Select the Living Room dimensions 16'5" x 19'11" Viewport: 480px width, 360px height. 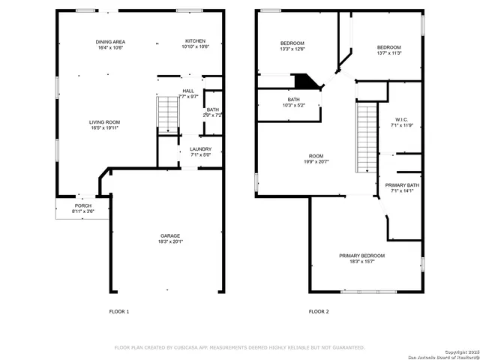[105, 127]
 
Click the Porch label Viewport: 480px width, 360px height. [82, 208]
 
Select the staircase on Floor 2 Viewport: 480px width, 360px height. [365, 137]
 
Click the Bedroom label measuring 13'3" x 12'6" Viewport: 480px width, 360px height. [292, 46]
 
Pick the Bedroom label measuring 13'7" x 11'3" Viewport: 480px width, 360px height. [388, 50]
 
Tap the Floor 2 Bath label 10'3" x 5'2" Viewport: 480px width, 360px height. [294, 102]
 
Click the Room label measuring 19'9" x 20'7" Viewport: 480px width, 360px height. [316, 158]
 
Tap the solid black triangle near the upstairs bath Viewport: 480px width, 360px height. [304, 80]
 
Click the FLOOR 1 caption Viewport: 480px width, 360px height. [119, 311]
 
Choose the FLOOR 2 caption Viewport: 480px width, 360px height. [318, 311]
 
